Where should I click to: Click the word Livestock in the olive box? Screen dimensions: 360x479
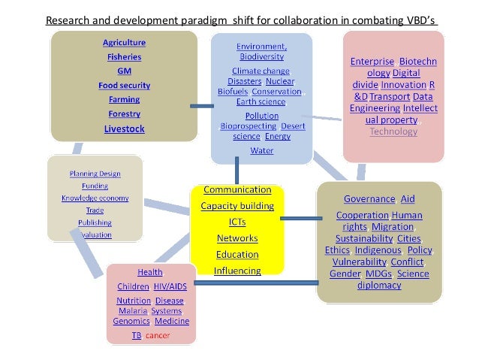tap(124, 129)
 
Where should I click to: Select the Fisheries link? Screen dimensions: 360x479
tap(124, 56)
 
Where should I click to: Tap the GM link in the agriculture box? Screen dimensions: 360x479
tap(124, 70)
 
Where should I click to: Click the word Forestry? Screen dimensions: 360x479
tap(124, 113)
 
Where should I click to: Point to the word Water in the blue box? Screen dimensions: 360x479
tap(261, 150)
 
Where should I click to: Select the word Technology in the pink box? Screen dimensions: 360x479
tap(393, 132)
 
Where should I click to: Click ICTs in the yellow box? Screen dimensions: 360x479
tap(237, 222)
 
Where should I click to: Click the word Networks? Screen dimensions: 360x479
tap(237, 238)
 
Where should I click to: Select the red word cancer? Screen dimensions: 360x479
tap(158, 334)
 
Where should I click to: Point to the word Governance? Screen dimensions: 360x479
tap(369, 199)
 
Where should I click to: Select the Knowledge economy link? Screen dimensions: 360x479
tap(95, 198)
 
